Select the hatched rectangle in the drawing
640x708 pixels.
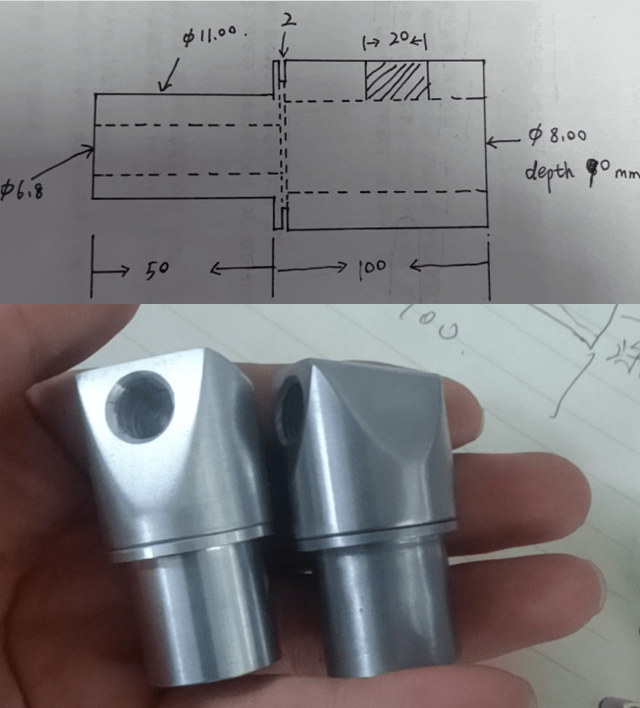pyautogui.click(x=398, y=79)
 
